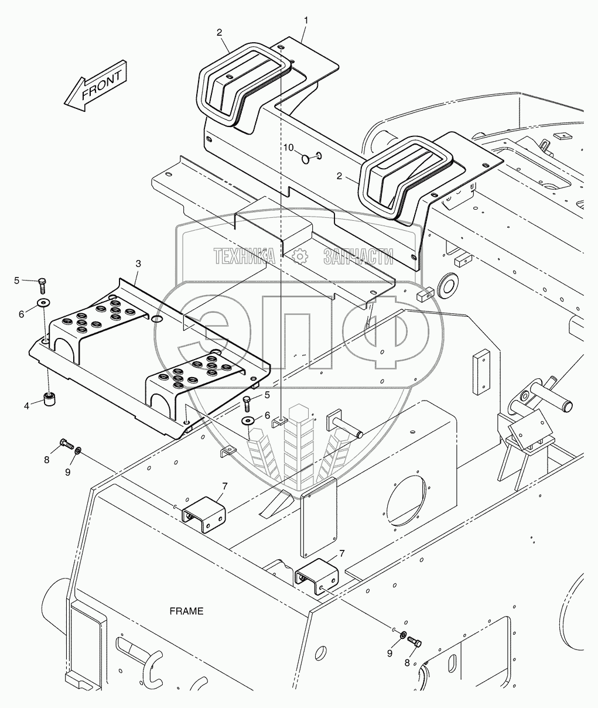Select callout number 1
[x=306, y=20]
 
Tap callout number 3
[x=138, y=264]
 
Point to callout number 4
[x=27, y=406]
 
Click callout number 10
[x=289, y=148]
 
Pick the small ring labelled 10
[x=305, y=159]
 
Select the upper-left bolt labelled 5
[x=42, y=285]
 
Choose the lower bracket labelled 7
[x=317, y=576]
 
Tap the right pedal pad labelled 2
[x=407, y=177]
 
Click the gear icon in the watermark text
[x=299, y=256]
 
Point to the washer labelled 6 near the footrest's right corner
[x=248, y=421]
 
